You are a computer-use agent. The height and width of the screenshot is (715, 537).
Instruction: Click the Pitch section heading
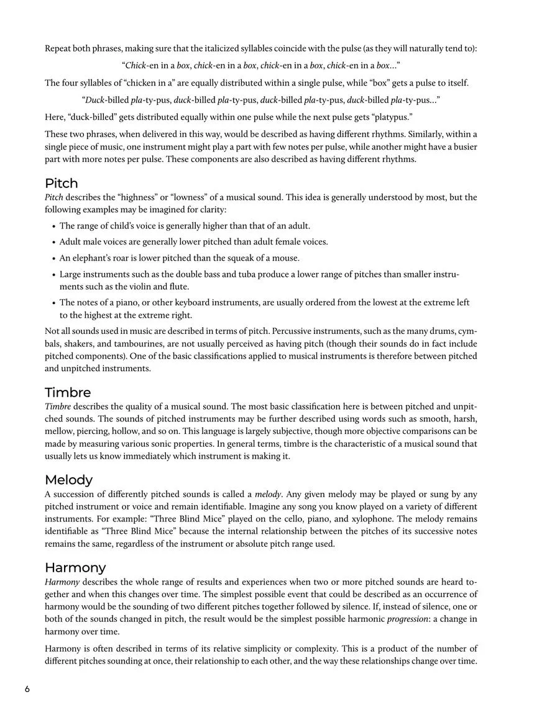click(62, 184)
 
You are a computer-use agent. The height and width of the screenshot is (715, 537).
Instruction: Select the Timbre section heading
click(68, 393)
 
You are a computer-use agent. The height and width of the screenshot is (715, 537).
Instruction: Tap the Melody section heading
click(68, 480)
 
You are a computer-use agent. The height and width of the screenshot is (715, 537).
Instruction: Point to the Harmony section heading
click(75, 568)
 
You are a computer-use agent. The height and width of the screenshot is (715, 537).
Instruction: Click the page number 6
click(27, 690)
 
